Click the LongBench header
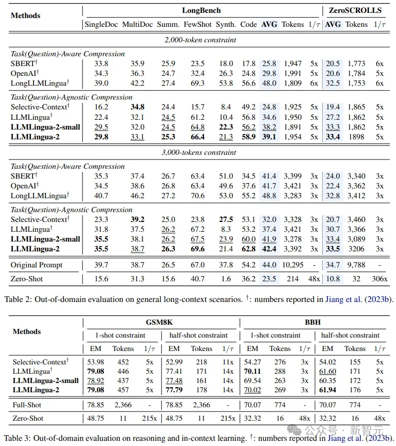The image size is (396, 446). click(201, 10)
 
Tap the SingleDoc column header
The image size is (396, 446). click(100, 24)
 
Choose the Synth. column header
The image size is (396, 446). click(226, 24)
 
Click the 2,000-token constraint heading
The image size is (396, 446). click(200, 40)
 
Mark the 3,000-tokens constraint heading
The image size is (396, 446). click(200, 152)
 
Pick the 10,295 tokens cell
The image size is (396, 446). click(293, 265)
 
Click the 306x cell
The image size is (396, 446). click(379, 278)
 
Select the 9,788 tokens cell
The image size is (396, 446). click(356, 265)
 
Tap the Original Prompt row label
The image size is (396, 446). click(37, 265)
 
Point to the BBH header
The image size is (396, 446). click(313, 322)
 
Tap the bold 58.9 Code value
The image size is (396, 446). click(248, 137)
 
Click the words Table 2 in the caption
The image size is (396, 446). click(18, 299)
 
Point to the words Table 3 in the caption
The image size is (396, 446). click(18, 438)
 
